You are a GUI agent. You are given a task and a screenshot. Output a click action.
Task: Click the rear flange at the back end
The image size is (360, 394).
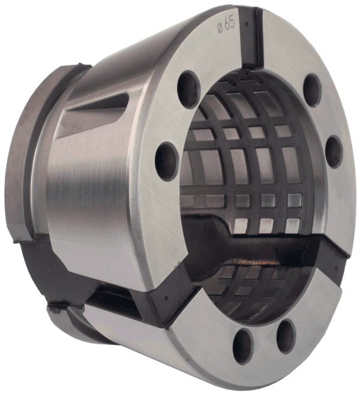(24, 156)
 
